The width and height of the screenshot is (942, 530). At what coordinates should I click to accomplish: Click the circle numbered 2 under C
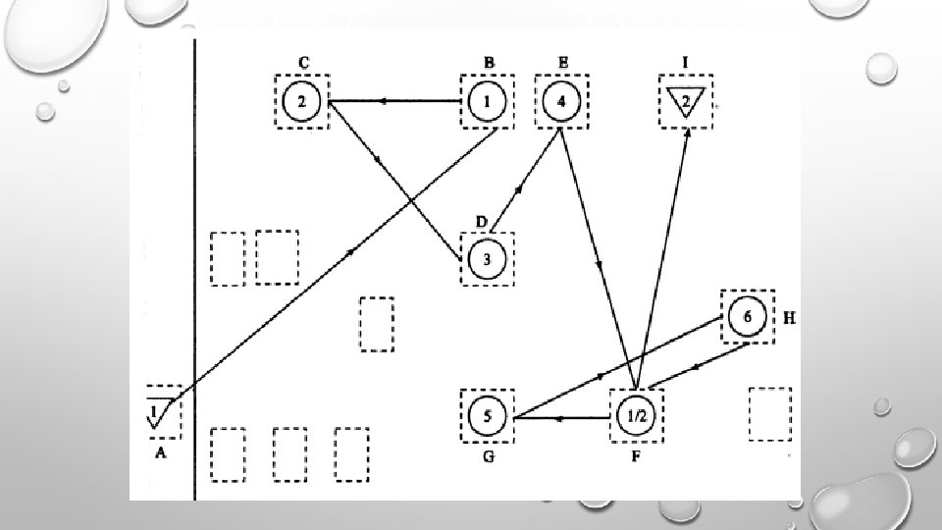302,100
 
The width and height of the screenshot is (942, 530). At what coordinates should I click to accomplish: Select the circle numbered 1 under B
488,100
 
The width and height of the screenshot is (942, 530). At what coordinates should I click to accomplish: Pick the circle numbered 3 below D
488,258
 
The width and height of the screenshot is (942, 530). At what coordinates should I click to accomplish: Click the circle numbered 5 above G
488,417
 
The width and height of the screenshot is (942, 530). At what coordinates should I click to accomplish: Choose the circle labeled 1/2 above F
636,417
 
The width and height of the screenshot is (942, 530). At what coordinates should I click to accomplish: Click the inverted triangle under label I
687,102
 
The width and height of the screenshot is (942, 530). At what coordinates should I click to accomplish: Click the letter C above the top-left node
304,62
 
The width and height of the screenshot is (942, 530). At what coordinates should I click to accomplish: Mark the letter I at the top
686,62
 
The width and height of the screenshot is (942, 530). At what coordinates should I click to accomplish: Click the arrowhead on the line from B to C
385,101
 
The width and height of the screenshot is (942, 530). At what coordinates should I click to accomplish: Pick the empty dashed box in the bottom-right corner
769,414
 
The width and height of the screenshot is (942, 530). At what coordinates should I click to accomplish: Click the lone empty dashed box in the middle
376,323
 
